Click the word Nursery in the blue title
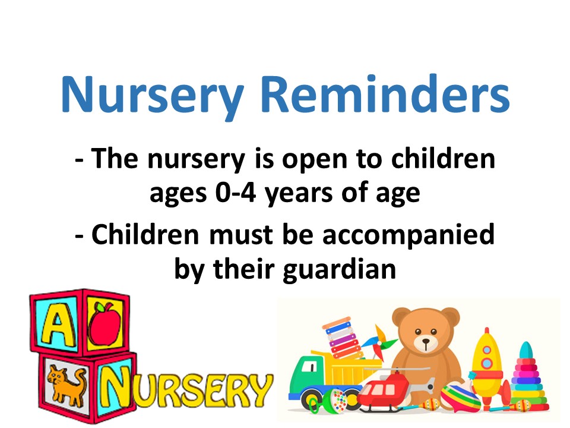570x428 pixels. pyautogui.click(x=153, y=96)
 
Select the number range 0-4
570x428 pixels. pyautogui.click(x=236, y=192)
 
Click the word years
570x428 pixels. pyautogui.click(x=298, y=194)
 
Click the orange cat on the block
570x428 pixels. pyautogui.click(x=67, y=385)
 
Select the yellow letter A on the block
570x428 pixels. pyautogui.click(x=58, y=326)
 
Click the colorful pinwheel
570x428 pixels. pyautogui.click(x=379, y=343)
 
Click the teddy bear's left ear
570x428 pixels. pyautogui.click(x=401, y=317)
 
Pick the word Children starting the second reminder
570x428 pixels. pyautogui.click(x=145, y=234)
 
